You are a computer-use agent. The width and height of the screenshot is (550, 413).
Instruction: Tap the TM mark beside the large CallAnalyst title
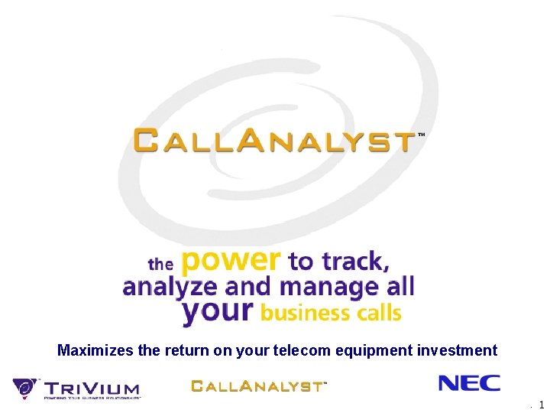pyautogui.click(x=421, y=134)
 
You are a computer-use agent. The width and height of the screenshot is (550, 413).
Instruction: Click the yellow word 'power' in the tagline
pyautogui.click(x=231, y=262)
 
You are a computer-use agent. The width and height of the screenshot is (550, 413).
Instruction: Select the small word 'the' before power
pyautogui.click(x=160, y=265)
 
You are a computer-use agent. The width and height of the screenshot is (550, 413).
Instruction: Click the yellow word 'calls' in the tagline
pyautogui.click(x=376, y=312)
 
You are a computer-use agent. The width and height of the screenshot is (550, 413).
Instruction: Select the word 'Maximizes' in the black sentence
pyautogui.click(x=95, y=350)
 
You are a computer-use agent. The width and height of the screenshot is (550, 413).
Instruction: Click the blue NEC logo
pyautogui.click(x=469, y=383)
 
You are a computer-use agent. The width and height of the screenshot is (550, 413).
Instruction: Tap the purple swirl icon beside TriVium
pyautogui.click(x=25, y=388)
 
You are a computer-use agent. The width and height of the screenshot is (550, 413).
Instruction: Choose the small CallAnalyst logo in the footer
pyautogui.click(x=257, y=385)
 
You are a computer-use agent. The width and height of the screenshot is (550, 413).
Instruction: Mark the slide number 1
pyautogui.click(x=541, y=405)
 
